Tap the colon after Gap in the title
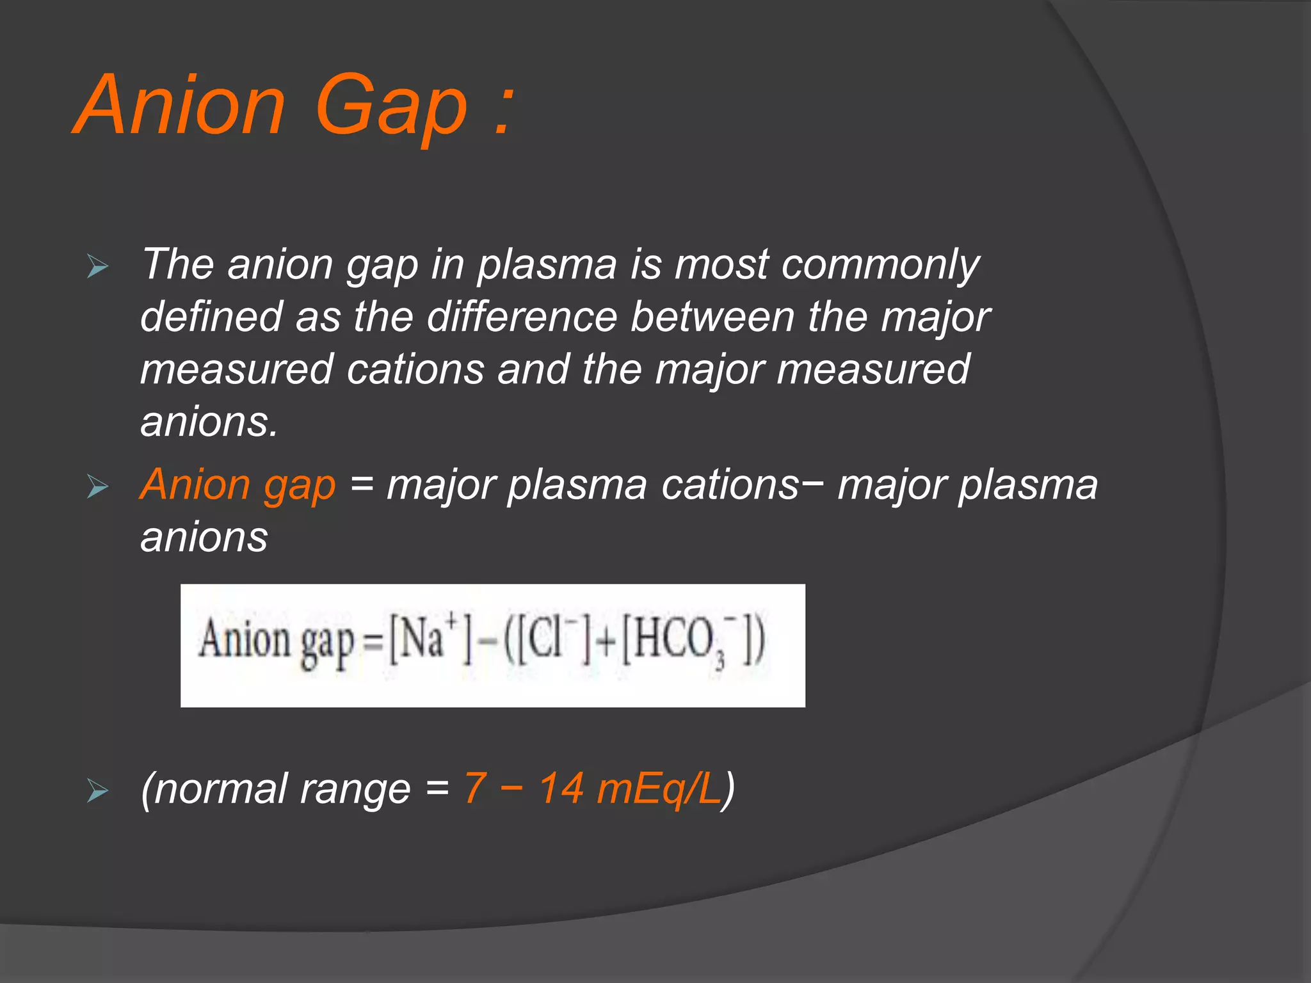[504, 110]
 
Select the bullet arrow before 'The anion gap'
[98, 266]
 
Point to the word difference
[521, 317]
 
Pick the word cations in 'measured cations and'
[415, 370]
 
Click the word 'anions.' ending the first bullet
[209, 422]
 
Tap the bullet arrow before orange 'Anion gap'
[98, 487]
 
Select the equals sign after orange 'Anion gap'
[362, 484]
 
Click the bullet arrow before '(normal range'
[98, 792]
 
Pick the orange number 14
[561, 788]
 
